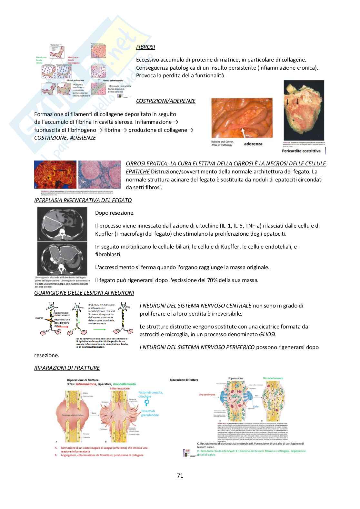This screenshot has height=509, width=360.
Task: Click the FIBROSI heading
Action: [x=145, y=47]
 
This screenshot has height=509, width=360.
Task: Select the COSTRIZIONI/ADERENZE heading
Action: [x=166, y=101]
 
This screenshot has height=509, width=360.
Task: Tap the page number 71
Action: [x=180, y=475]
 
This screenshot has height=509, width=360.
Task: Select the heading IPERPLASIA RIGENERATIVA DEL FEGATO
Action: [x=83, y=200]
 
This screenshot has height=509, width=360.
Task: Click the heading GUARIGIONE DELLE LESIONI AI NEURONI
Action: [x=84, y=293]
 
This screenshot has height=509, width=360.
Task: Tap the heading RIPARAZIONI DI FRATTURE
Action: [x=67, y=368]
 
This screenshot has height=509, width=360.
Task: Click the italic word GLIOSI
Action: [x=267, y=334]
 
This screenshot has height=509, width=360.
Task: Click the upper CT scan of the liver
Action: [x=62, y=224]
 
